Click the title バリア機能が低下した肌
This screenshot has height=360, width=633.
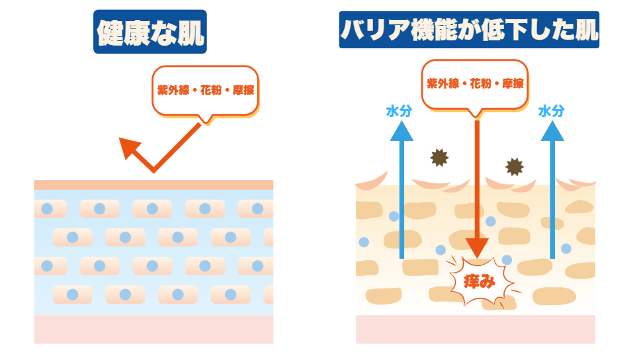(470, 29)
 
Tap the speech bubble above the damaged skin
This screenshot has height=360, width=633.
(475, 83)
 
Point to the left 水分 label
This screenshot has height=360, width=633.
(399, 111)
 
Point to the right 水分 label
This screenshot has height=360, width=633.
(551, 111)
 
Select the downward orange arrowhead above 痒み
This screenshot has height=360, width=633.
(476, 251)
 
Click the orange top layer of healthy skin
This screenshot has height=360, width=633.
(153, 185)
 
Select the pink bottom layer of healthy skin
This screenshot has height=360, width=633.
(153, 329)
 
